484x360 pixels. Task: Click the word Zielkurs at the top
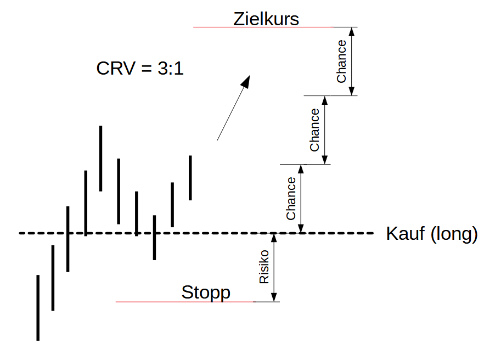266,19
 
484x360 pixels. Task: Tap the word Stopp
206,292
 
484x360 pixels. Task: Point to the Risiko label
264,267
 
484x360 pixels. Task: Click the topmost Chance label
341,61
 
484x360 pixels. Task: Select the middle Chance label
314,130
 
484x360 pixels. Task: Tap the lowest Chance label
291,198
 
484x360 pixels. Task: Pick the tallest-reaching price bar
100,158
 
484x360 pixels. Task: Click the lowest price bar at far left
38,307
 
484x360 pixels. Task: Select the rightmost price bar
190,178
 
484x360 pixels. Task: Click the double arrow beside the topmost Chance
352,61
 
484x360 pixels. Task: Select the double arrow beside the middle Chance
325,130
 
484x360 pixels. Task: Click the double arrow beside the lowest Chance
301,198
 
